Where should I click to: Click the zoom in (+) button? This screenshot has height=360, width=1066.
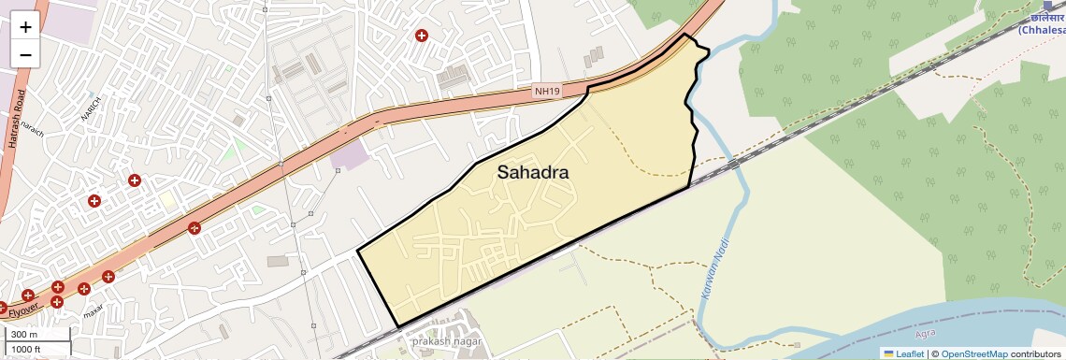25,26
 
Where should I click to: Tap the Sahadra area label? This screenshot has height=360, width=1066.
532,172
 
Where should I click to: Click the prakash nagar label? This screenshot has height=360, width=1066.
444,341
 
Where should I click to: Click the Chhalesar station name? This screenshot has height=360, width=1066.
1041,30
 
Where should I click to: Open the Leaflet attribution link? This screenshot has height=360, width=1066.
902,353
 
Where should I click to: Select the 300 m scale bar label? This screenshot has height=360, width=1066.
24,335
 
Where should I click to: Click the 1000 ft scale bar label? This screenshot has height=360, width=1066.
27,349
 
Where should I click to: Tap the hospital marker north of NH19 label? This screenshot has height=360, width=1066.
422,36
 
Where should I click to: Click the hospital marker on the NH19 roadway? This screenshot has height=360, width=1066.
194,227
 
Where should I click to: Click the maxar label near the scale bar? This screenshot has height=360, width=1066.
93,311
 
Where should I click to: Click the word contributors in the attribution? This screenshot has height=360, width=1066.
1035,353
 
